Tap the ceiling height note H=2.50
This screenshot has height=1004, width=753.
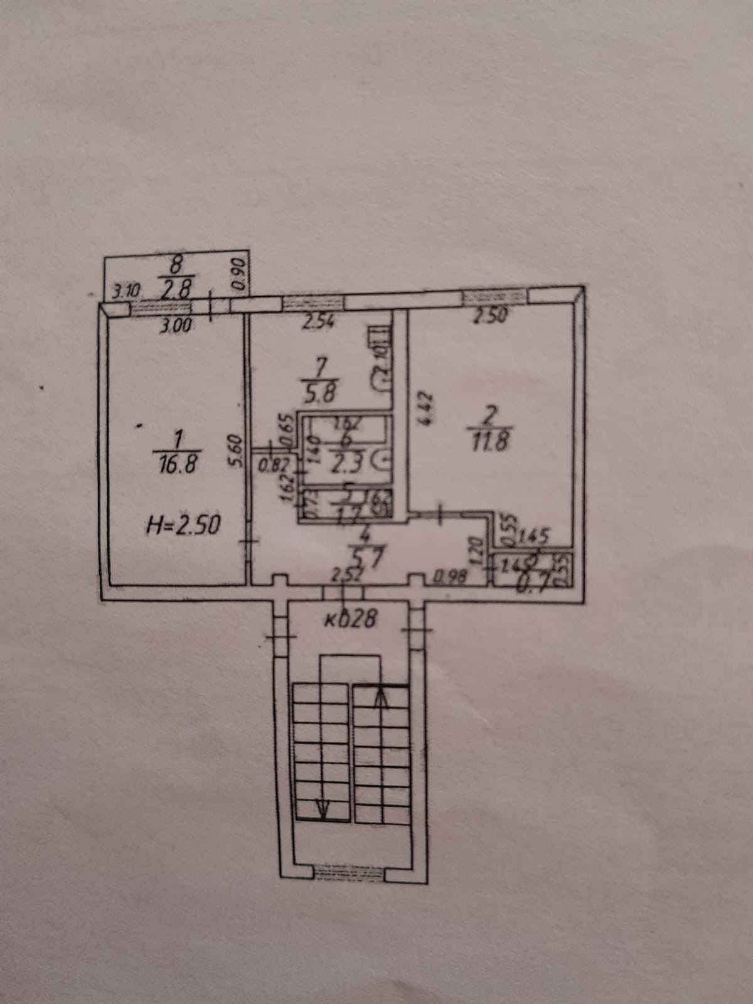[x=183, y=524]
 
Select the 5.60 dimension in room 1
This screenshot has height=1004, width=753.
[x=236, y=452]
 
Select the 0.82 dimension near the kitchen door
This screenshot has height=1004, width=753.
[x=271, y=466]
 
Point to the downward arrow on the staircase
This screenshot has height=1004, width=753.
[x=323, y=809]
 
